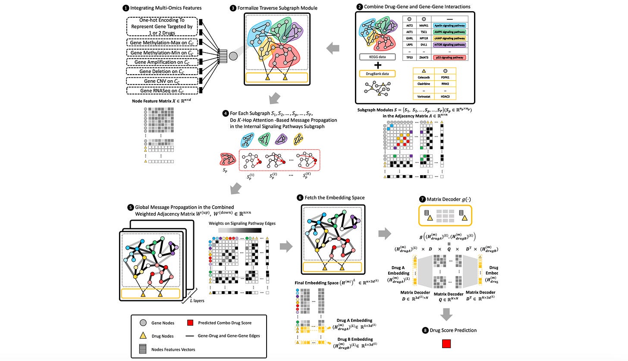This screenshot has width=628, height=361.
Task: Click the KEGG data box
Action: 377,57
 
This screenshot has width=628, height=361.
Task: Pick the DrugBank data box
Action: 377,74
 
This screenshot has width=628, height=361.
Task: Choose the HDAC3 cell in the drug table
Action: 446,97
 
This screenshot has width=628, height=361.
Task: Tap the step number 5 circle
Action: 131,207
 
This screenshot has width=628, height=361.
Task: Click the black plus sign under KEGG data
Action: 377,65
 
